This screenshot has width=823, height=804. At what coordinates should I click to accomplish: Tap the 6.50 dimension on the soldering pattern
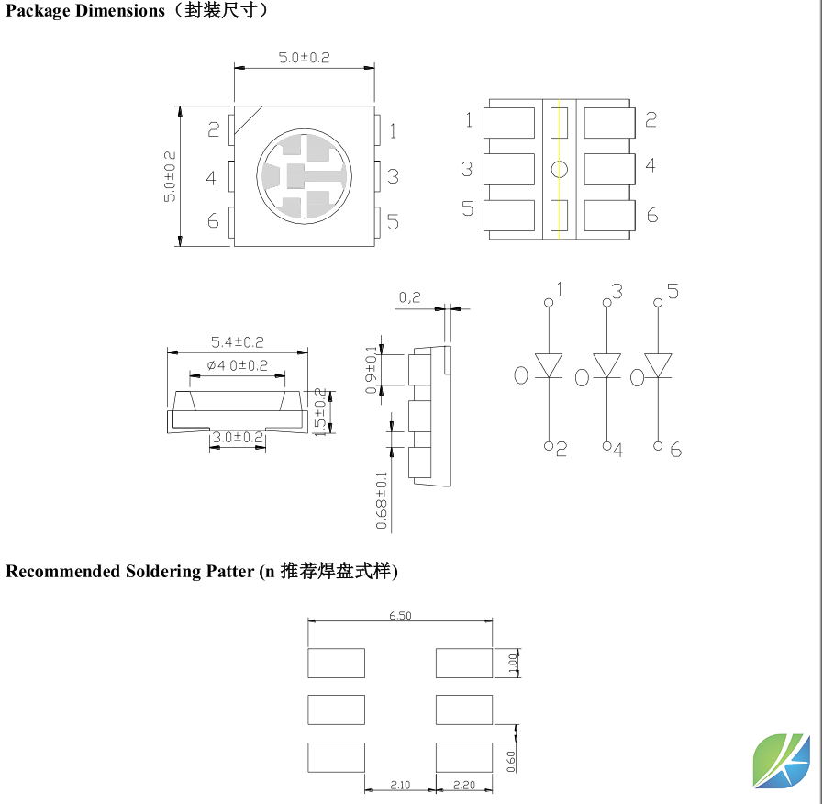[x=399, y=616]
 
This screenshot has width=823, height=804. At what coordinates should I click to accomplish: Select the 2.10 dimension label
[x=400, y=786]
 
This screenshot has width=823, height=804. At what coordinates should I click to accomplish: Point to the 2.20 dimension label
[x=464, y=786]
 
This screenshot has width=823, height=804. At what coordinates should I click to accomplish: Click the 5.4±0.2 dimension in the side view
[x=237, y=342]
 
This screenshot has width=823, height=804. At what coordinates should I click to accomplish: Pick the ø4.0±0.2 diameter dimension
[x=237, y=365]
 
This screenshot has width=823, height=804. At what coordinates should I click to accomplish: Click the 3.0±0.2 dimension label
[x=237, y=438]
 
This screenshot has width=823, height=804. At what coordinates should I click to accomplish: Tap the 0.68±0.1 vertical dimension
[x=382, y=500]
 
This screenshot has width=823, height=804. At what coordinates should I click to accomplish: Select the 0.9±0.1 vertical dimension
[x=372, y=370]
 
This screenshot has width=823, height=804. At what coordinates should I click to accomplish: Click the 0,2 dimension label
[x=410, y=297]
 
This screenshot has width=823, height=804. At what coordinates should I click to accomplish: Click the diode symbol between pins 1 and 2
[x=549, y=365]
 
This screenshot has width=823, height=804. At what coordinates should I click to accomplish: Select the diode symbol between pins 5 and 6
[x=659, y=365]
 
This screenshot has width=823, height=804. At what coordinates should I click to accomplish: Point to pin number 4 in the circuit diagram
[x=617, y=451]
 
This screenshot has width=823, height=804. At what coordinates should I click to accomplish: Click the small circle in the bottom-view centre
[x=560, y=169]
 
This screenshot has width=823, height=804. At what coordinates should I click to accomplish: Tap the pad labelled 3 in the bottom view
[x=508, y=169]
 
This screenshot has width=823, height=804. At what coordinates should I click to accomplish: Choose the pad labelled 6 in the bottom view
[x=609, y=215]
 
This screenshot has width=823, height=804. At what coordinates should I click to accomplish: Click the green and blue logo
[x=783, y=761]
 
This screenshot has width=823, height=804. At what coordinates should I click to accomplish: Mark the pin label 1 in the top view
[x=393, y=130]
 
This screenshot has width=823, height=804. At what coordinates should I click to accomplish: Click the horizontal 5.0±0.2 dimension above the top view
[x=304, y=58]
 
